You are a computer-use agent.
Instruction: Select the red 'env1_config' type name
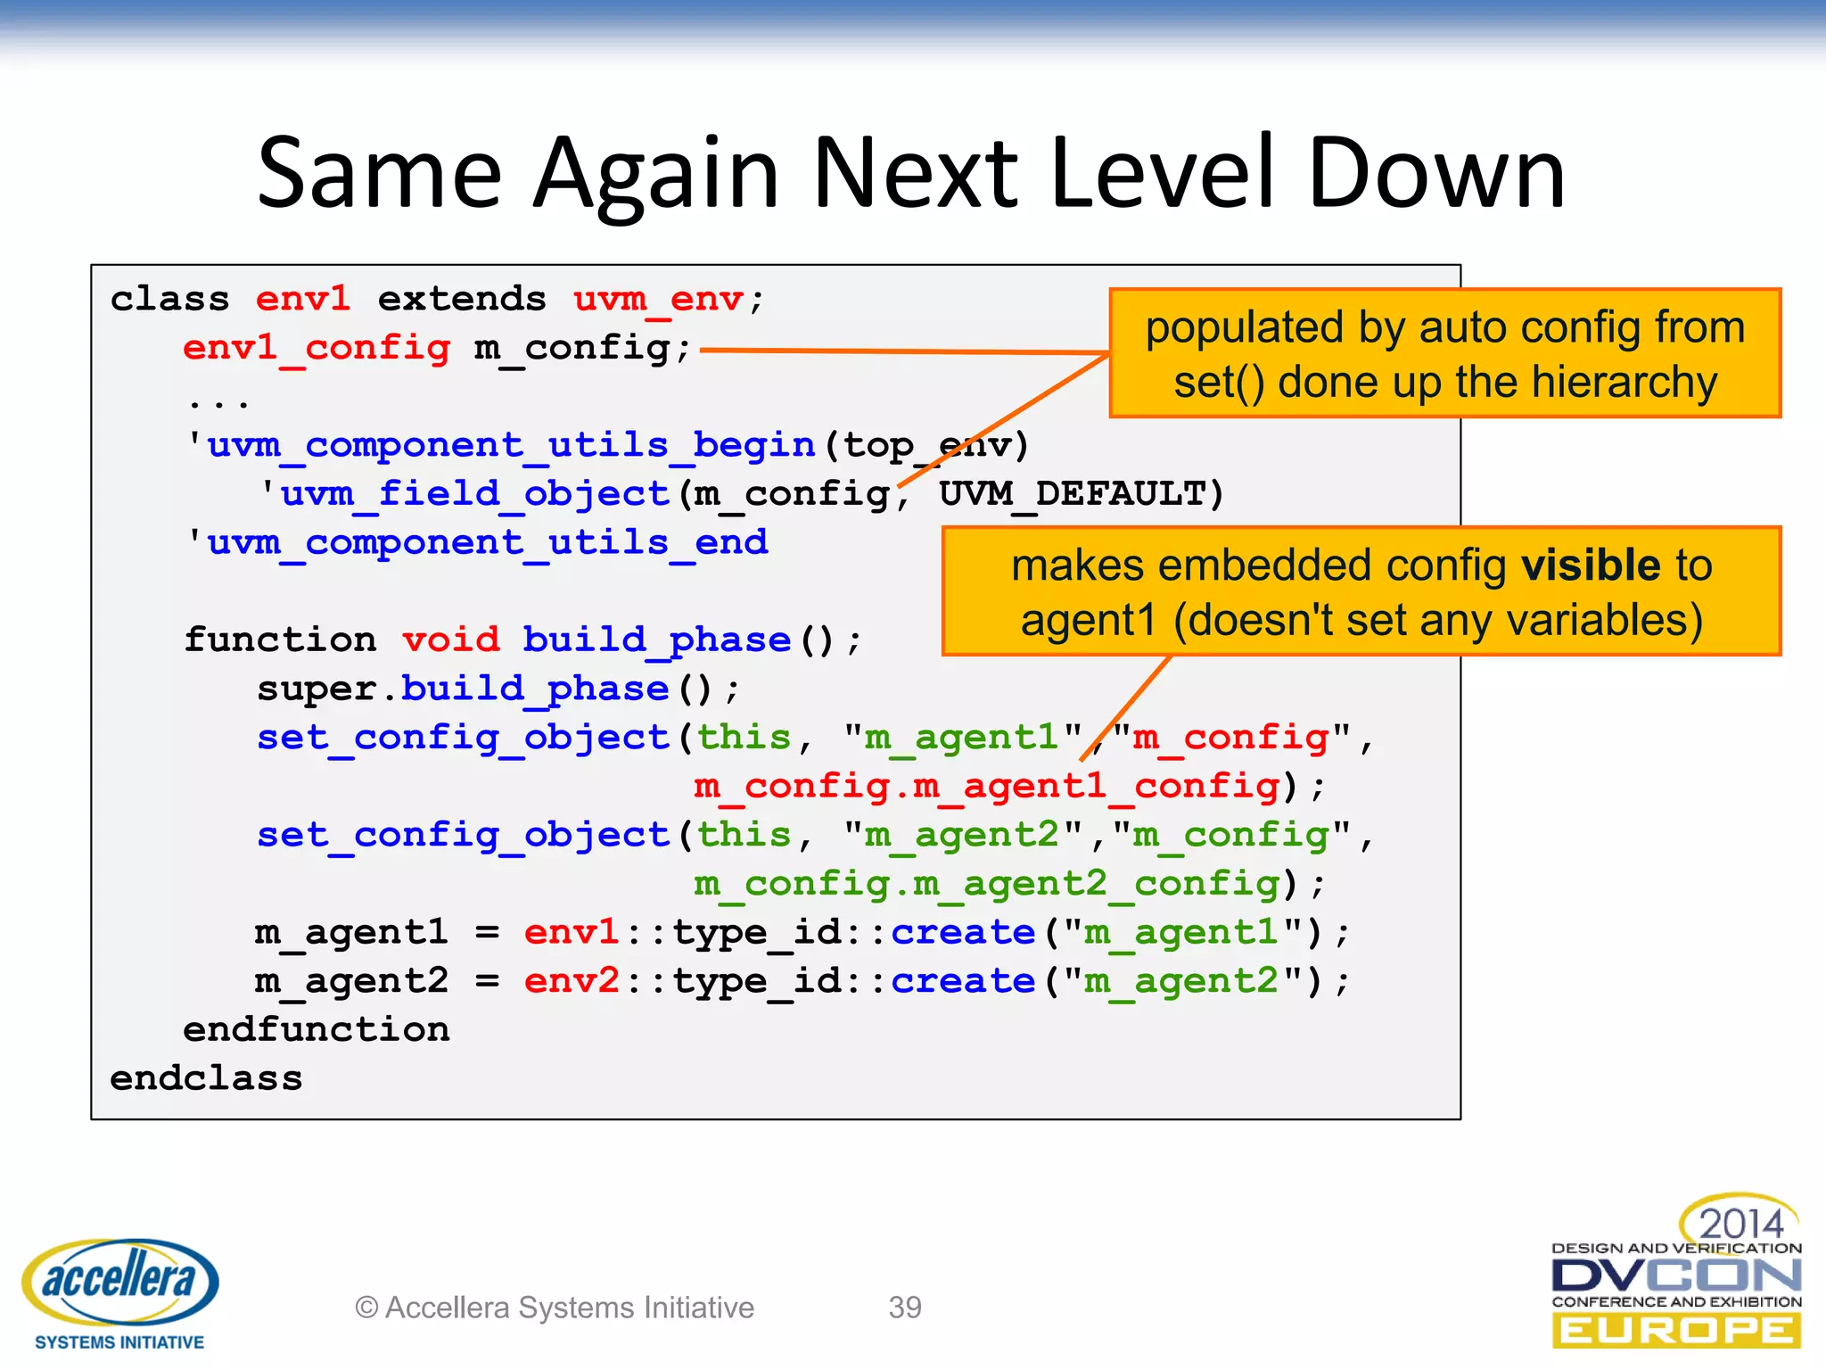317,348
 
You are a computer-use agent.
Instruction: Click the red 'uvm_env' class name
658,299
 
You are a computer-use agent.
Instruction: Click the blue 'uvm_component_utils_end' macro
487,542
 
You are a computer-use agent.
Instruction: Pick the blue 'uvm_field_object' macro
474,493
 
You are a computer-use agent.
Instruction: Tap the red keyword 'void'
450,640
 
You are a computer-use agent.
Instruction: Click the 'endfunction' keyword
317,1029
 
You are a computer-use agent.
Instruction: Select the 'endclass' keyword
206,1078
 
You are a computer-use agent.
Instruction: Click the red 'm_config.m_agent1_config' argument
987,786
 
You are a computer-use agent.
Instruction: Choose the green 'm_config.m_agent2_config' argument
987,883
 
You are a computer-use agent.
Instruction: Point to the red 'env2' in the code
572,981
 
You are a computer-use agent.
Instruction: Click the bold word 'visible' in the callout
1591,565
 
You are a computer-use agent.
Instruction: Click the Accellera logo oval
120,1281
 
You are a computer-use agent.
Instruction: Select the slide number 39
905,1308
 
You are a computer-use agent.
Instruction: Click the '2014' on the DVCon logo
1740,1222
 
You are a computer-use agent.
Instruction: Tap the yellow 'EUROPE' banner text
1676,1331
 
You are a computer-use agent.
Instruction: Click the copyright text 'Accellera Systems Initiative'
569,1308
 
